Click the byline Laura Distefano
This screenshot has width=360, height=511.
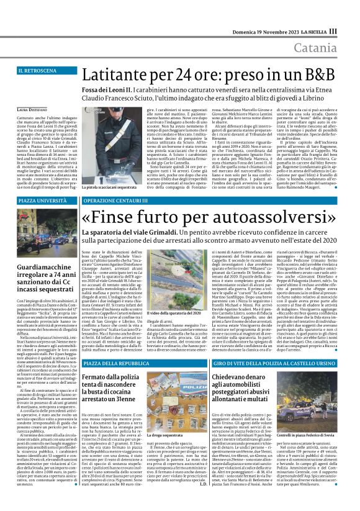[30, 109]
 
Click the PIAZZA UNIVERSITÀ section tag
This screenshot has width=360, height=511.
[43, 201]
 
